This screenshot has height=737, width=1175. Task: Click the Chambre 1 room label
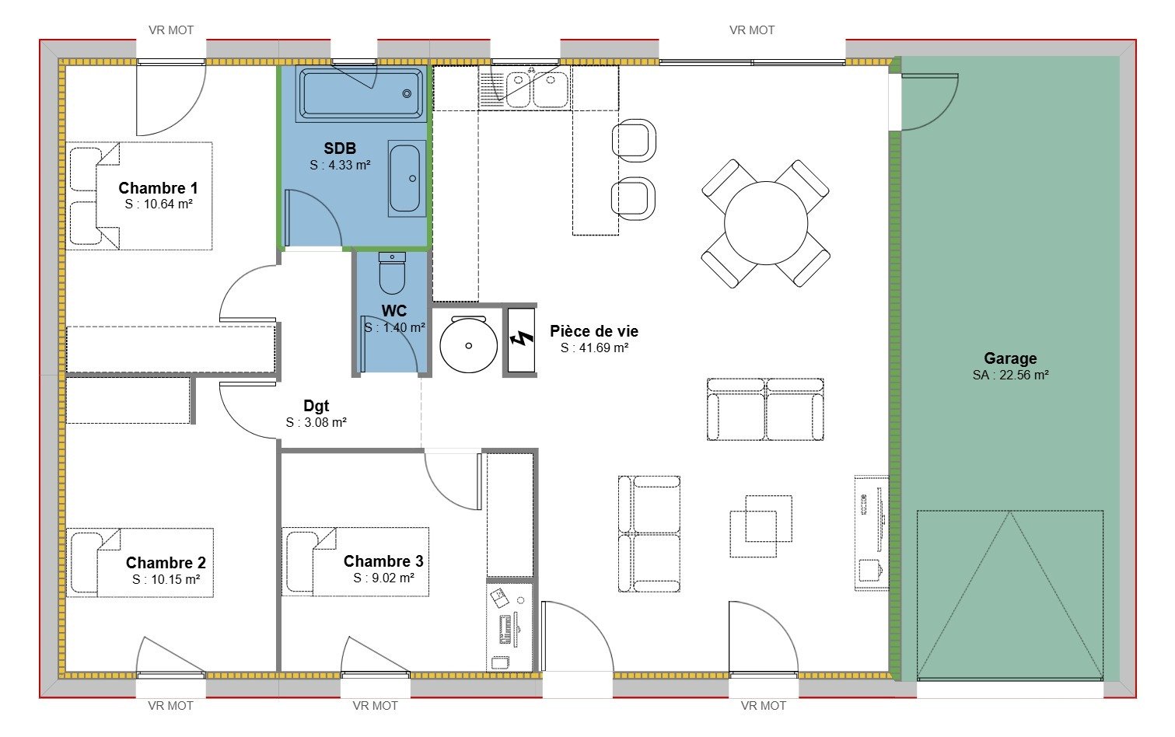click(158, 188)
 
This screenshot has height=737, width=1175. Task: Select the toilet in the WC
click(392, 274)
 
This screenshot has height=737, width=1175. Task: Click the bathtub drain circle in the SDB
click(407, 94)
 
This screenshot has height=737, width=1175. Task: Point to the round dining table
click(766, 223)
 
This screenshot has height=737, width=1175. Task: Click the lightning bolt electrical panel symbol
click(522, 340)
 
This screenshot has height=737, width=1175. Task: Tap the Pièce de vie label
click(594, 331)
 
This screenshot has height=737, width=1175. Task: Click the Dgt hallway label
click(316, 406)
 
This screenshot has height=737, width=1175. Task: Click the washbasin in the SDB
click(407, 178)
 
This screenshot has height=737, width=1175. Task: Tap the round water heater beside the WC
click(468, 344)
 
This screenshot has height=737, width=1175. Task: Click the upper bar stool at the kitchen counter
click(634, 141)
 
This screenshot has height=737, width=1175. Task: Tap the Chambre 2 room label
click(166, 563)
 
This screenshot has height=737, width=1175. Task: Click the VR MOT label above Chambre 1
click(171, 30)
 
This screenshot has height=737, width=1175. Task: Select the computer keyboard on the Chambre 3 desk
click(505, 630)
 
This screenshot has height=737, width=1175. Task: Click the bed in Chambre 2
click(140, 562)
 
